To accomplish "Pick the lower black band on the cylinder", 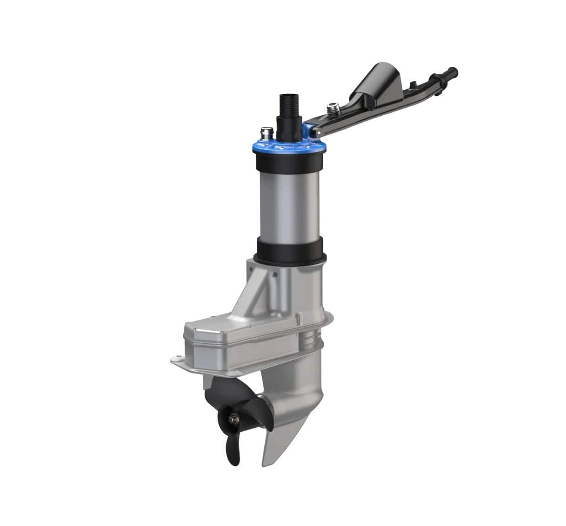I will point(290,250).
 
